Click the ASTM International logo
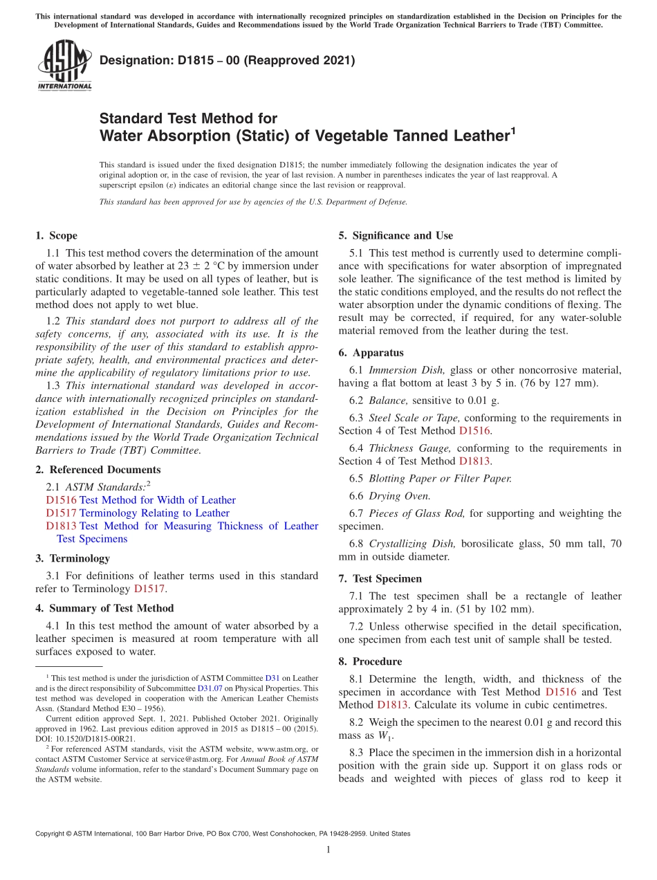pos(64,66)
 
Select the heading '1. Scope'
pos(57,236)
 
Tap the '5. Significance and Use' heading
pos(396,236)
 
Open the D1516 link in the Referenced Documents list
pos(61,500)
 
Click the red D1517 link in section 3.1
pos(149,589)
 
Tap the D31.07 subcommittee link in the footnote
pos(209,688)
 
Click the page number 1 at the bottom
pos(328,850)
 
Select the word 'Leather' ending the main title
pos(474,136)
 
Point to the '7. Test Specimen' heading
pos(380,578)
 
